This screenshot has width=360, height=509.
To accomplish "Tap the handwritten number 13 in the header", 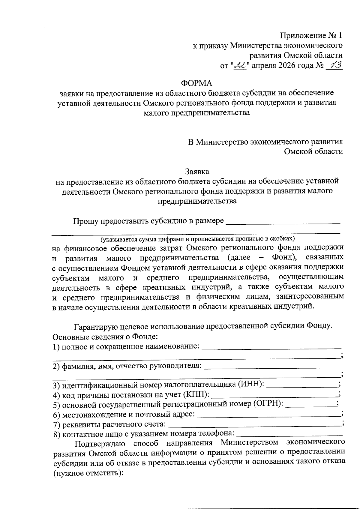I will tap(334, 65).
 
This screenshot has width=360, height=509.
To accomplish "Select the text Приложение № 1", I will tap(311, 36).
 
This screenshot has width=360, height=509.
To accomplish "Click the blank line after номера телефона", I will tap(289, 436).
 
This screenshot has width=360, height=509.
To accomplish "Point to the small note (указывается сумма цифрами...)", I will tap(198, 239).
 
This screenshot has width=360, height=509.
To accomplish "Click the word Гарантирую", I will tap(96, 326).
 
